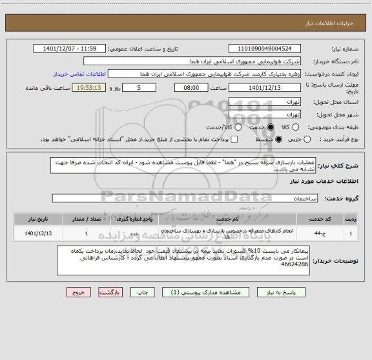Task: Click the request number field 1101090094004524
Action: coord(264,48)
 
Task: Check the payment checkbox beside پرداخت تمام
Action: coord(234,140)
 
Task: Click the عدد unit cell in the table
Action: coord(134,233)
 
